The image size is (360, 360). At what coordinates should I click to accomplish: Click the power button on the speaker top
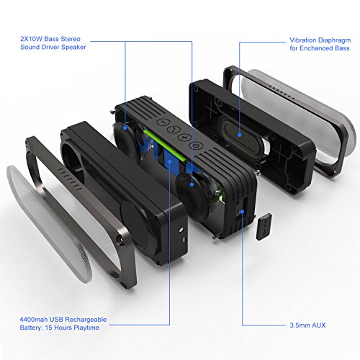coord(196,145)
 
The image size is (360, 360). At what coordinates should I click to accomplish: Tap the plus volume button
coord(184,137)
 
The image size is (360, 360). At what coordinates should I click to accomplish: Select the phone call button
coord(174,130)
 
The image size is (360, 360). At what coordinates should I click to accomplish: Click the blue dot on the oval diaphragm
coord(239,135)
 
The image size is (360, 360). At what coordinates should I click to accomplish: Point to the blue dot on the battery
coord(169,161)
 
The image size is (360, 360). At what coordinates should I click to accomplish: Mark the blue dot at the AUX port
coord(242,212)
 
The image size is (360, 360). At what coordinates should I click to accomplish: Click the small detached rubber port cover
coord(264,227)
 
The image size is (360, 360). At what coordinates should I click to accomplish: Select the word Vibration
coord(302,40)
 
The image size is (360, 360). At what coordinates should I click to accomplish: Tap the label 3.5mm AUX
coord(307,325)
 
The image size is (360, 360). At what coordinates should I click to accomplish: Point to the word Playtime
coord(86,328)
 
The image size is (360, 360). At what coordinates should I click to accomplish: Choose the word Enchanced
coord(317,48)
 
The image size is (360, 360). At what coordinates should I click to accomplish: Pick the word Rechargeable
coord(86,320)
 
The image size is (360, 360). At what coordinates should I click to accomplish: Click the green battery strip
coord(166,146)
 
